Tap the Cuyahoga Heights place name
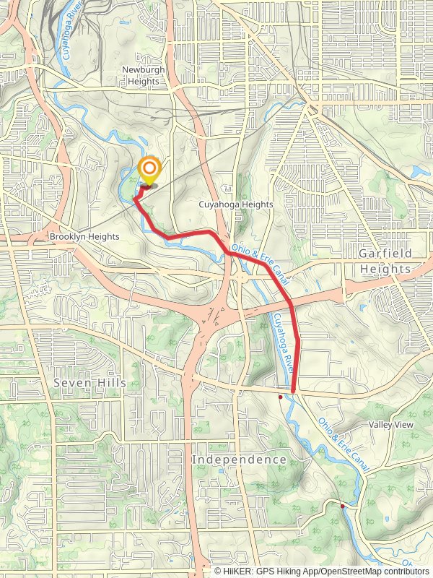click(x=236, y=204)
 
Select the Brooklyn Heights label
click(x=84, y=236)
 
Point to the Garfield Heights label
click(x=385, y=261)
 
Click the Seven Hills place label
click(x=89, y=382)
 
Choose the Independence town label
click(x=239, y=460)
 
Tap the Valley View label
click(x=391, y=425)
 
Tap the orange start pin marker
click(x=149, y=171)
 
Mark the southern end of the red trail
click(x=294, y=391)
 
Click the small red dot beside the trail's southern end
click(x=280, y=397)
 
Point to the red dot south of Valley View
click(x=343, y=506)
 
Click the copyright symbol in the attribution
click(x=217, y=571)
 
